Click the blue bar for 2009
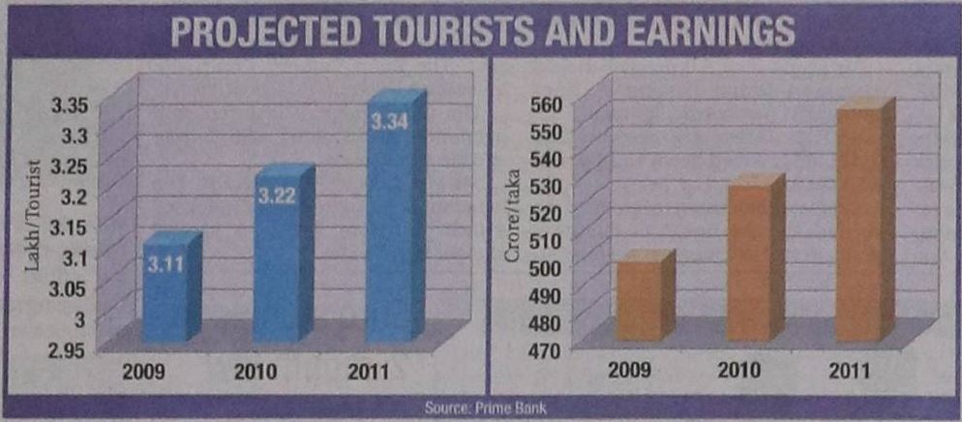coord(165,290)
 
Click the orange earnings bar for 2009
coord(639,300)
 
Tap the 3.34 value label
coord(389,122)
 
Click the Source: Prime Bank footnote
coord(480,407)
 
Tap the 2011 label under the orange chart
coord(848,372)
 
